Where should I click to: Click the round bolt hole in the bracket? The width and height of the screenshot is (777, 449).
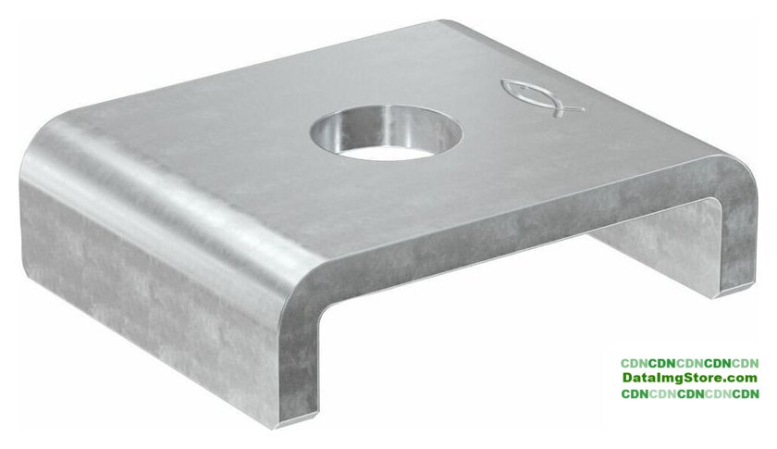[387, 132]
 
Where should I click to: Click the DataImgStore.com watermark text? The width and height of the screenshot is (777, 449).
[690, 378]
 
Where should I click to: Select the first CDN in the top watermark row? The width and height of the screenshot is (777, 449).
[635, 363]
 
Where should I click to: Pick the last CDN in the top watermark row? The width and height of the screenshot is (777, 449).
[745, 363]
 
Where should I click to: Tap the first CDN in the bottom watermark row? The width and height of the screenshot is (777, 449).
[635, 394]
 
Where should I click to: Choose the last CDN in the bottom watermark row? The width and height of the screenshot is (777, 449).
[746, 394]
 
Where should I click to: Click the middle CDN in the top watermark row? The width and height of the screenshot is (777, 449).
[690, 363]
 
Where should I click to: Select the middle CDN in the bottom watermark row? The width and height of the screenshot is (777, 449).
[690, 394]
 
